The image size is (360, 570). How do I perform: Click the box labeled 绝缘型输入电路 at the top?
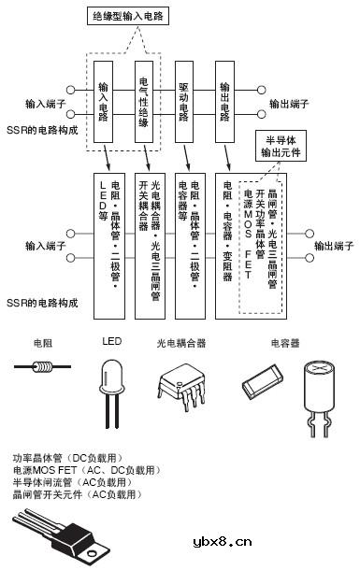click(x=129, y=17)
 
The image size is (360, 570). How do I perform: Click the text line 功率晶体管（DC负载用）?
click(x=63, y=458)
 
